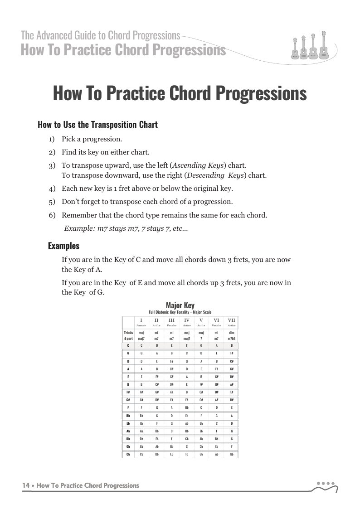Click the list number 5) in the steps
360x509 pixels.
[52, 202]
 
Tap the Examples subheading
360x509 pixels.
[63, 246]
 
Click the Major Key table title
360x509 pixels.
[180, 305]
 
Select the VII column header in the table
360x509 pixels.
[232, 320]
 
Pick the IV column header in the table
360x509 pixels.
[186, 320]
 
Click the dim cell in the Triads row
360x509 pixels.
[232, 333]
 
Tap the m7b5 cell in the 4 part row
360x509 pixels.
[232, 339]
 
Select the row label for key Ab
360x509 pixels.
[129, 431]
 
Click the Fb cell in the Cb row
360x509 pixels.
[186, 454]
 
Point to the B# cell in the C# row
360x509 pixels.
[232, 399]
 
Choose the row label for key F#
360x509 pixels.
[129, 392]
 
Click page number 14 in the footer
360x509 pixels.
[26, 485]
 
